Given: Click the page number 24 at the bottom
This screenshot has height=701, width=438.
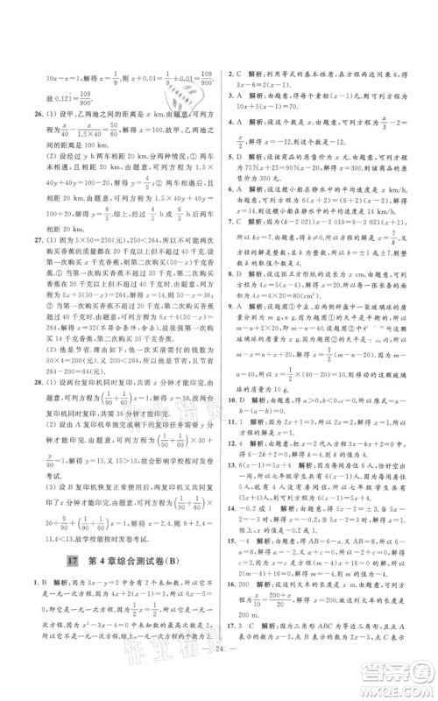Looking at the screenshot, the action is (218, 672).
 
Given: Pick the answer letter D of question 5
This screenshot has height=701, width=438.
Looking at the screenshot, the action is (243, 158).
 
